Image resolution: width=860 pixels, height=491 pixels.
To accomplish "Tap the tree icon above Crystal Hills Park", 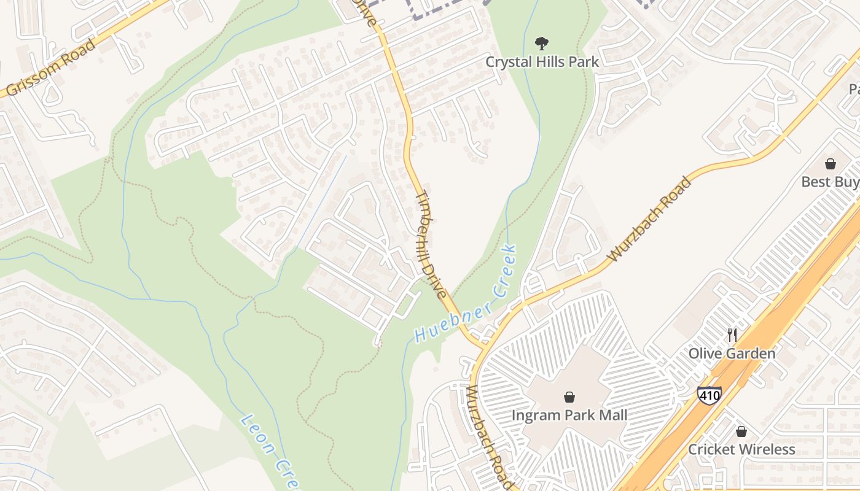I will (541, 43).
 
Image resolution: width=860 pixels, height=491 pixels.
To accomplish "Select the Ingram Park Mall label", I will (569, 416).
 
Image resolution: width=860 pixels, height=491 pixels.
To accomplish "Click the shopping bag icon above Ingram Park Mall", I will (569, 397).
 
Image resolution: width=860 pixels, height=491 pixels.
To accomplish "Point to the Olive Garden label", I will (732, 354).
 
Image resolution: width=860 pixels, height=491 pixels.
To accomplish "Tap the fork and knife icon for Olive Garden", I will (732, 335).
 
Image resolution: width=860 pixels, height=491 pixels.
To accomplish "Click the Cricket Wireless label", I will (741, 449).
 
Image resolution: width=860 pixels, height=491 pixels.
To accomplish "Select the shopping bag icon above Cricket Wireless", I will (741, 431).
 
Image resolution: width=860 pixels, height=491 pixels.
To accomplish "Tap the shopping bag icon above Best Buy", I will (831, 164).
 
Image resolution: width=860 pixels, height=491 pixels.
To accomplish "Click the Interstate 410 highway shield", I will (709, 394).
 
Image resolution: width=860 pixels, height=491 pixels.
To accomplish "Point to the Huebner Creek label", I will (466, 294).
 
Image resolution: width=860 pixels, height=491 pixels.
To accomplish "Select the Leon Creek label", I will (264, 451).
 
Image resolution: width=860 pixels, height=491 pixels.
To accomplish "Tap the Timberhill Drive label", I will (432, 244).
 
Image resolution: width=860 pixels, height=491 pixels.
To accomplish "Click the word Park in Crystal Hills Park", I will (581, 61).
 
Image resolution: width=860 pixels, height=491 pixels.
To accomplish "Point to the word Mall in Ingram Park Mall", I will (611, 416).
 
